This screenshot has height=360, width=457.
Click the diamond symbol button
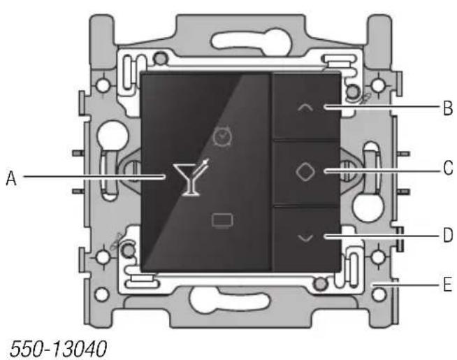tap(305, 173)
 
